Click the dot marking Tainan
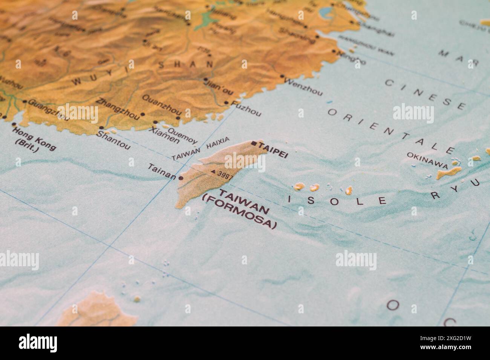tap(181, 178)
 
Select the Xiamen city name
tap(164, 135)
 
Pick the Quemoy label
tap(182, 136)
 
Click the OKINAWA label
tap(427, 160)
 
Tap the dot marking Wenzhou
tap(282, 76)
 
